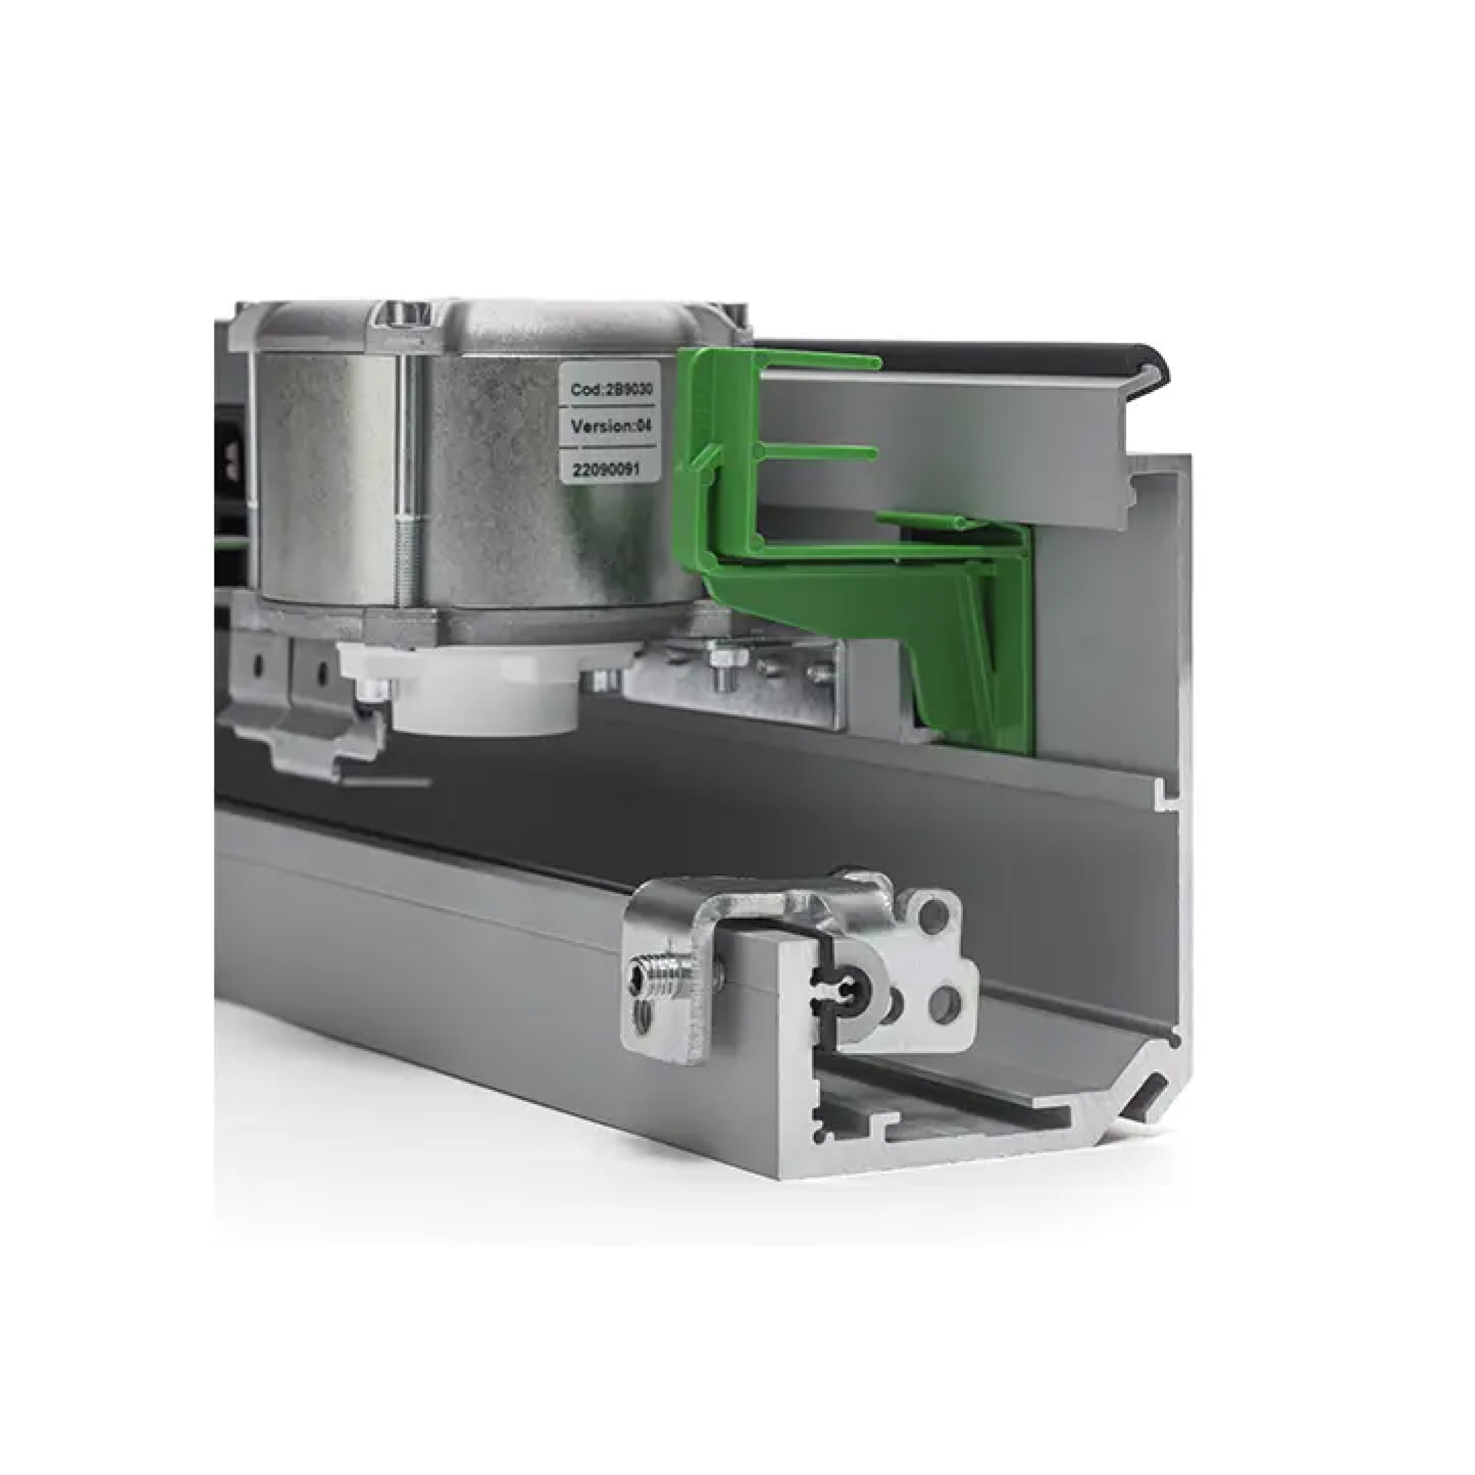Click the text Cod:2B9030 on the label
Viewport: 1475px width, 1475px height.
(x=612, y=389)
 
